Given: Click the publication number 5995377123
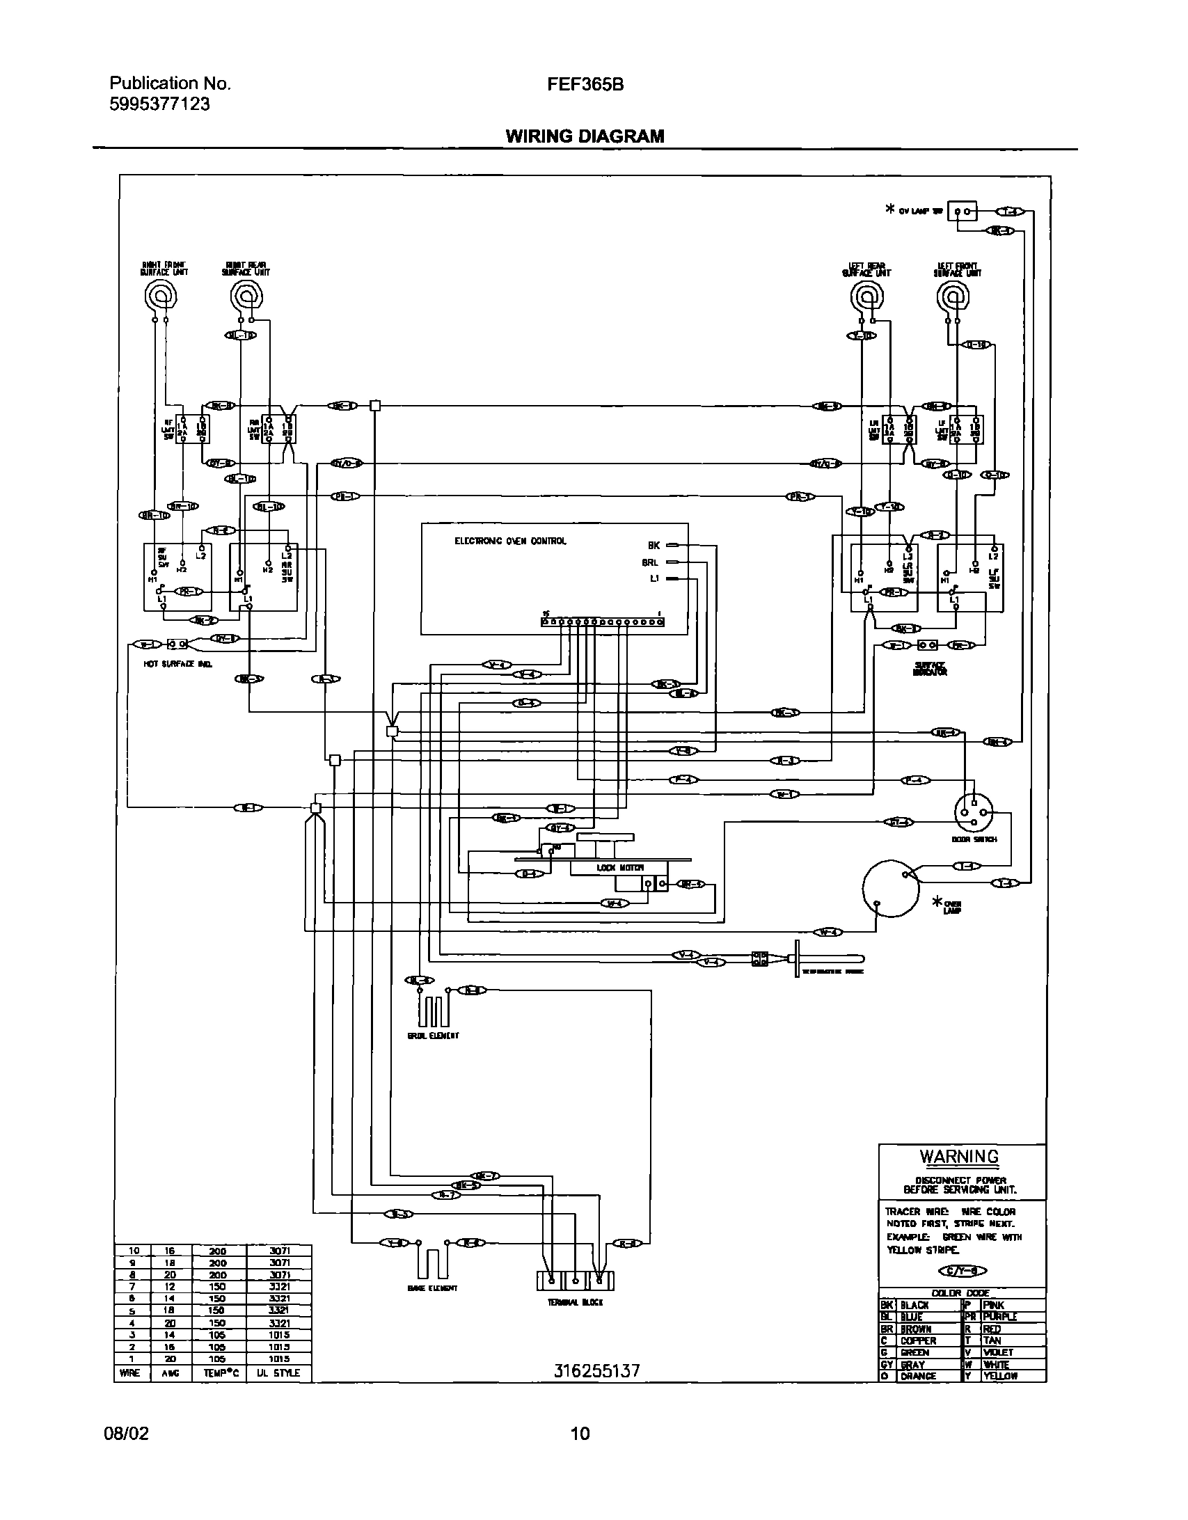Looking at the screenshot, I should pos(159,104).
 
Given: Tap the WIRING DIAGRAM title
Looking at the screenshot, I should pos(585,136).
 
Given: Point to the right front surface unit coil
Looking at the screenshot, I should pos(160,297).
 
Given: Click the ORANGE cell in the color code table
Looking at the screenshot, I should pos(919,1376).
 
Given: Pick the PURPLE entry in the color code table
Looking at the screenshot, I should pos(1001,1317).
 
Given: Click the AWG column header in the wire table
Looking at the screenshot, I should pos(171,1372).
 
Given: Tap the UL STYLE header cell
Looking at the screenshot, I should pos(277,1372).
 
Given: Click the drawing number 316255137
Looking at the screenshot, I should pos(596,1371).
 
